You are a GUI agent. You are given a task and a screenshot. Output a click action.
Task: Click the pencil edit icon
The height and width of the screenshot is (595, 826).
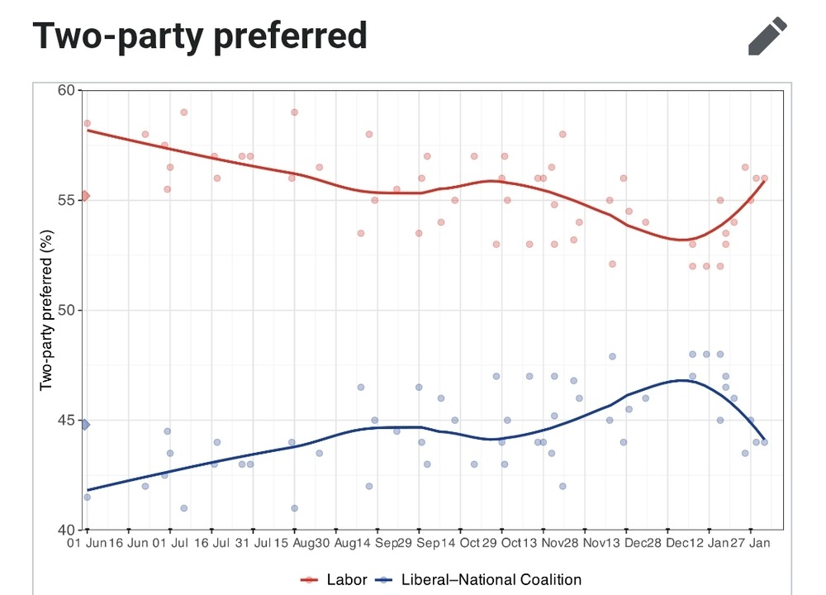pyautogui.click(x=768, y=36)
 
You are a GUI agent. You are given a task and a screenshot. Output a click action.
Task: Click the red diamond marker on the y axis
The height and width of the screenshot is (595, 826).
pyautogui.click(x=84, y=197)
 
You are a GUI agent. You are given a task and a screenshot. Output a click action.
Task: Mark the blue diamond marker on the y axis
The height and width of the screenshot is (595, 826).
pyautogui.click(x=84, y=424)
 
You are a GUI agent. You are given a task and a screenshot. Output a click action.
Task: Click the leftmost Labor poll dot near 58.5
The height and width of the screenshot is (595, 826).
pyautogui.click(x=87, y=123)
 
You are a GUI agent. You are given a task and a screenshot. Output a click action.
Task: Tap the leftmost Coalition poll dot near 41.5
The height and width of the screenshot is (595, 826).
pyautogui.click(x=87, y=497)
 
